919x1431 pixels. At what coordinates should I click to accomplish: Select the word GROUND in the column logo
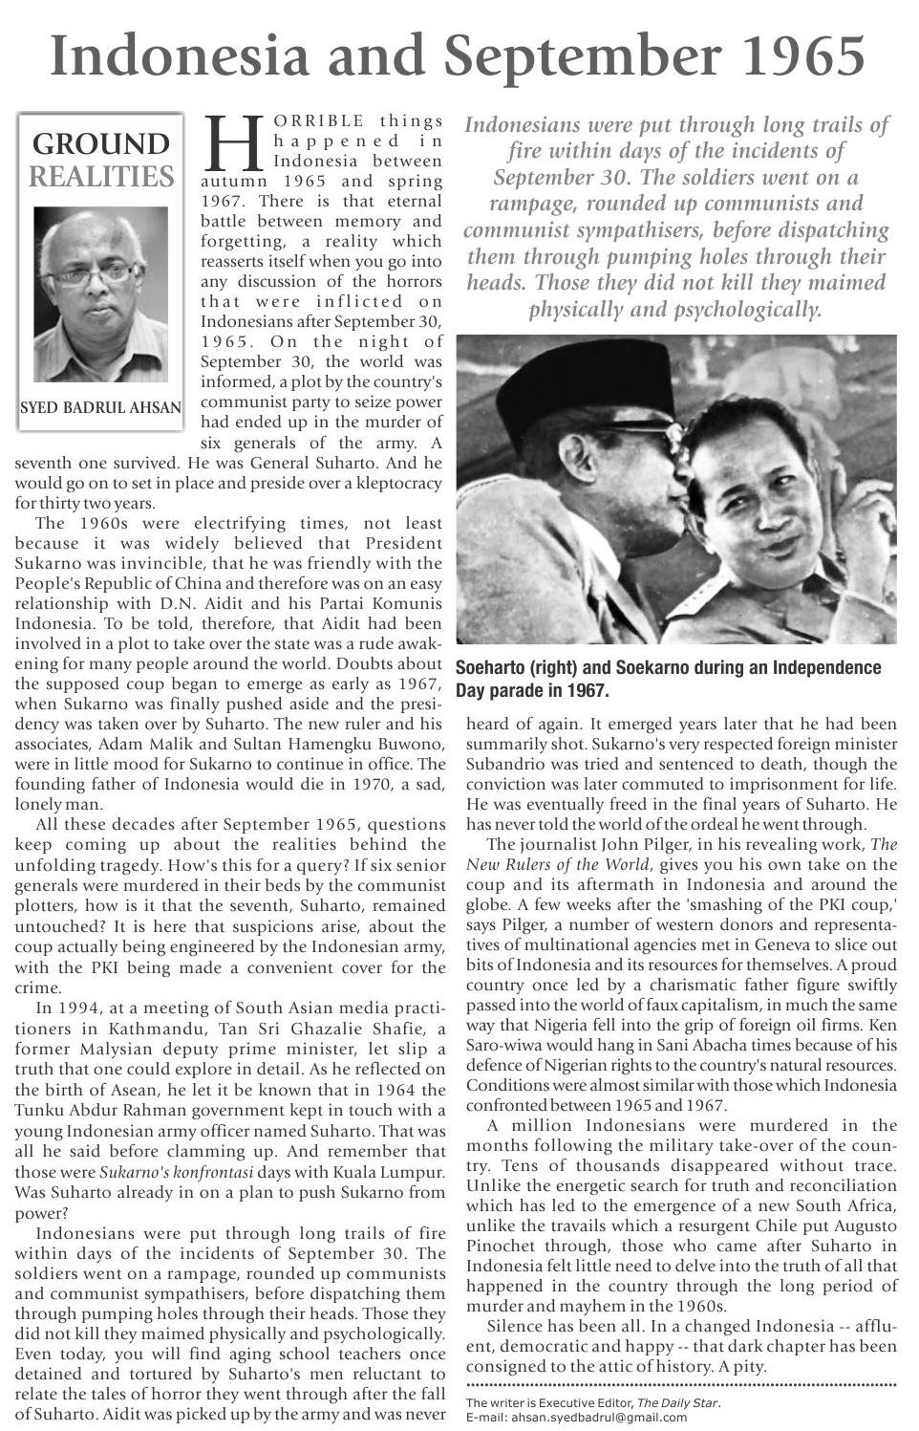coord(100,144)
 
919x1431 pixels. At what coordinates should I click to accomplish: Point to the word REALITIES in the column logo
coord(101,177)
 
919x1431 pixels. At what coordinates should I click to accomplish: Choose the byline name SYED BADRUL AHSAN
coord(100,408)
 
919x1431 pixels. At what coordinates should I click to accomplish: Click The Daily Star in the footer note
coord(677,1403)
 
